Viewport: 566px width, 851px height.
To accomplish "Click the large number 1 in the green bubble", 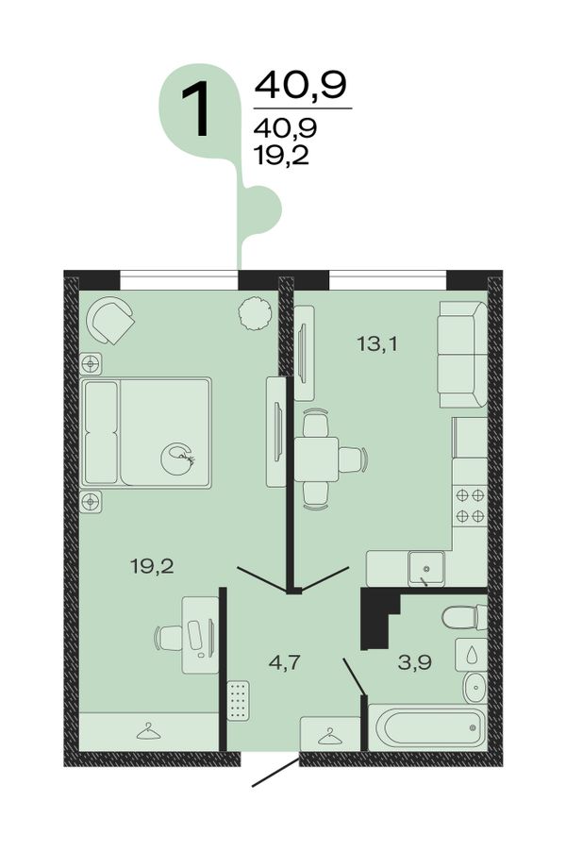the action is pos(196,109).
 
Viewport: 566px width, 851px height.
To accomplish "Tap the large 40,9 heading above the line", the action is pos(300,86).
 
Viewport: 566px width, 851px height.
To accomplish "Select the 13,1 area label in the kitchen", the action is pos(377,343).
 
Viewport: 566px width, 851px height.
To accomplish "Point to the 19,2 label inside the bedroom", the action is pos(152,567).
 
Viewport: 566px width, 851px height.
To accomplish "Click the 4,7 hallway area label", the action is pos(285,662).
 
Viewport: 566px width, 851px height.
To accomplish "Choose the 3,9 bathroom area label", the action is pos(414,662).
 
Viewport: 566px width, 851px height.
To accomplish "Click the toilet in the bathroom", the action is pos(464,617).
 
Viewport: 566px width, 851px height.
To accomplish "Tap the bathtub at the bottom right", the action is pos(427,726).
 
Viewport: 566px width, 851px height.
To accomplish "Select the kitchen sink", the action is pos(426,568).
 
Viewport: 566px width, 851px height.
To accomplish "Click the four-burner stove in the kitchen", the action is pos(470,506).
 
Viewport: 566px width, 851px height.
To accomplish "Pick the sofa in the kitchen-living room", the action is pos(463,355).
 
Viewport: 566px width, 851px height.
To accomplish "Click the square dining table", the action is pos(316,459).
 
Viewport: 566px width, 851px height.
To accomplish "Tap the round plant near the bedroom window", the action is pos(255,313).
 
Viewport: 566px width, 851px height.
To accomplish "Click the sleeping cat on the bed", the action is pos(178,459).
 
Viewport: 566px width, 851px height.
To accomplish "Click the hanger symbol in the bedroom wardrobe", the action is pos(149,732).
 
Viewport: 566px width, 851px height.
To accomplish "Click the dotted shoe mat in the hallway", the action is pos(239,701).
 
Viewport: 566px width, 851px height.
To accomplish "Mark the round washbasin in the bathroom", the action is pos(474,688).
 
